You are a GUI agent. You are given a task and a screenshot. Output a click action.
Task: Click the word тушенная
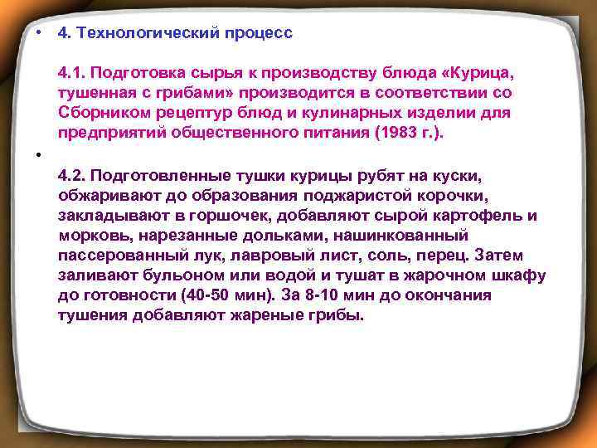(x=95, y=93)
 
